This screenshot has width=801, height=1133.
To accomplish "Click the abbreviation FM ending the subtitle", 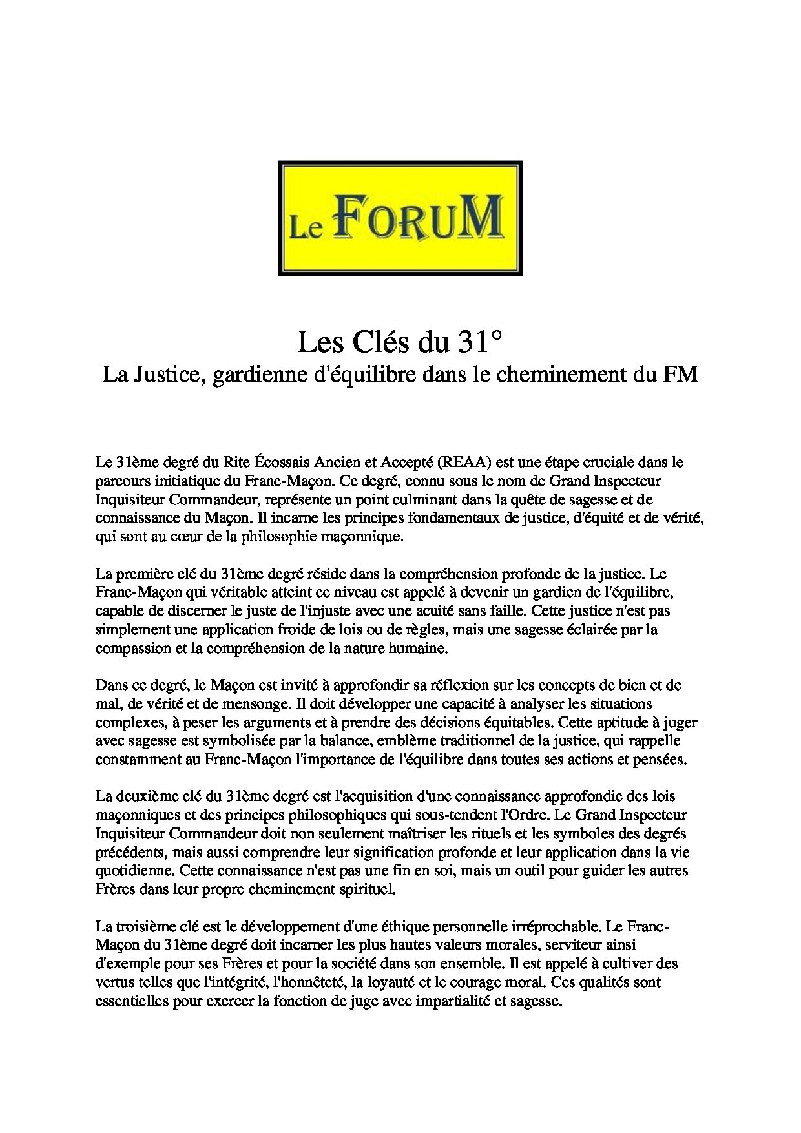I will (x=683, y=375).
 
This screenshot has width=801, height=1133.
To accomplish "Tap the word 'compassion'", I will (x=127, y=648).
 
